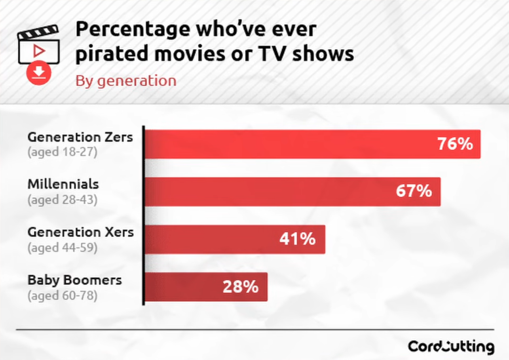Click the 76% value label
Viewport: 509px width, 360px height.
(x=455, y=144)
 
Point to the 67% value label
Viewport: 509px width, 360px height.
(x=414, y=192)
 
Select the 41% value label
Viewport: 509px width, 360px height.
(x=297, y=239)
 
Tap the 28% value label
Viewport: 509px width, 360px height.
(x=240, y=287)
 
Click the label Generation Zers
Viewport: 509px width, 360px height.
(x=80, y=137)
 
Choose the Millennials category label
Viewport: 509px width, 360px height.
(x=63, y=184)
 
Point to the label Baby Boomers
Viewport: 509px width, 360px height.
(x=75, y=280)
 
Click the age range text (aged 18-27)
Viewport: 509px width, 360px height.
(x=62, y=152)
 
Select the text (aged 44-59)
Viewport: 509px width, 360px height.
(x=62, y=248)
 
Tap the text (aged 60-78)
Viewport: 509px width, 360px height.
(x=62, y=295)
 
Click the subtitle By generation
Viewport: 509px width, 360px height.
(x=126, y=81)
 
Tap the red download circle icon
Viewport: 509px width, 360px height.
(x=38, y=73)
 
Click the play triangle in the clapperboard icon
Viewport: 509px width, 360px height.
(x=39, y=50)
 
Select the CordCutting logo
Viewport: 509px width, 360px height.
(x=451, y=347)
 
